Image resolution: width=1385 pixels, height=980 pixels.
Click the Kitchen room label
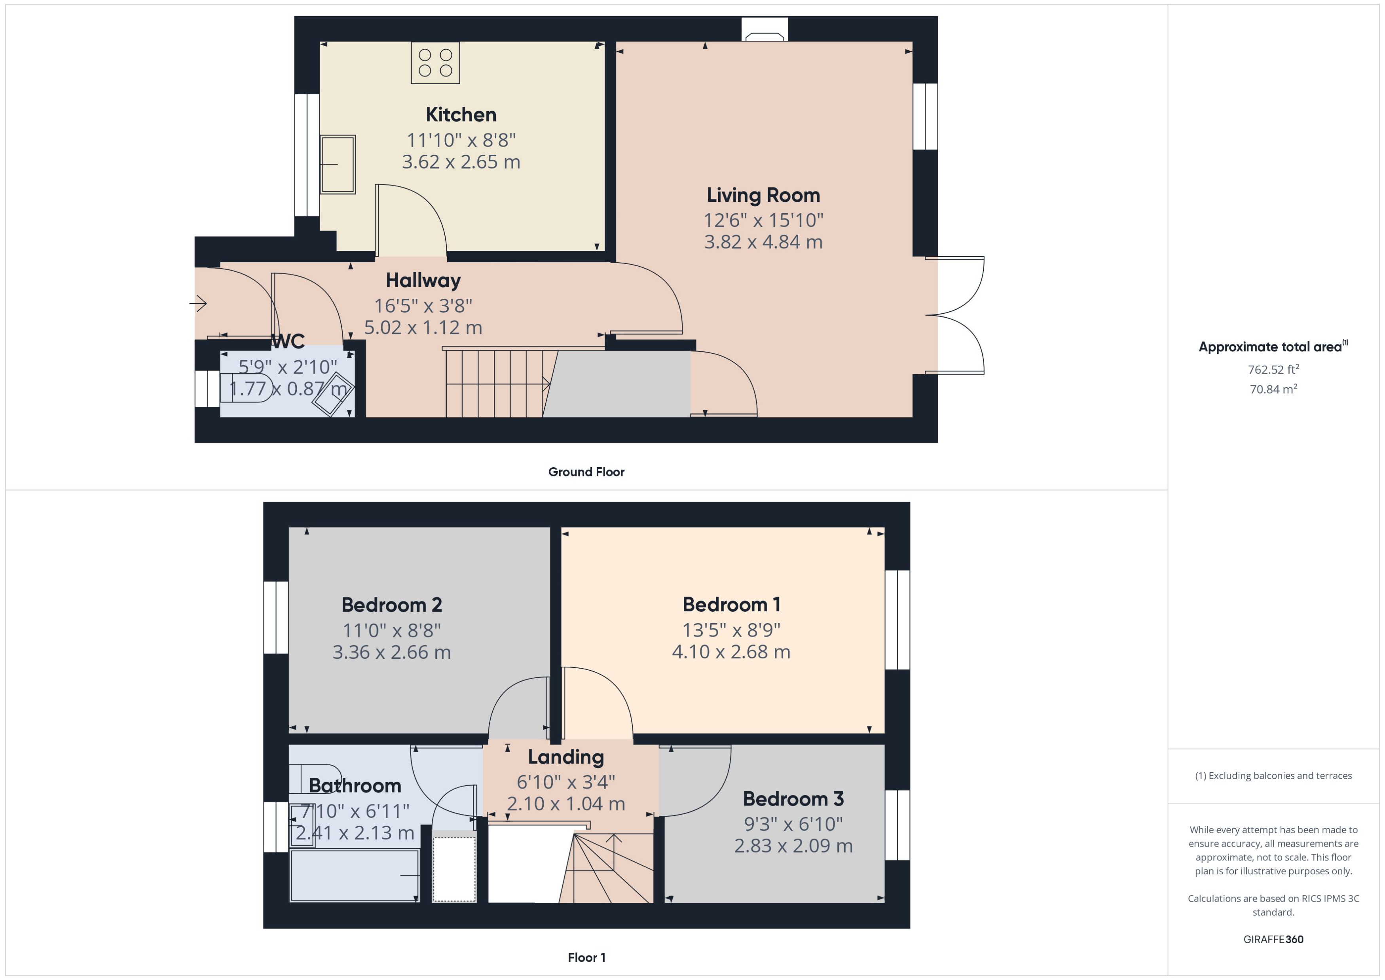(461, 115)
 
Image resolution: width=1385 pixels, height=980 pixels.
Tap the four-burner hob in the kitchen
(435, 63)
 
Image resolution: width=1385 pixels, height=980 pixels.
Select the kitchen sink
(338, 164)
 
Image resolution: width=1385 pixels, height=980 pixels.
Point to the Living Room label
(763, 195)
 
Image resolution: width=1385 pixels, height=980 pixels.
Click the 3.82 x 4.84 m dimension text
(763, 242)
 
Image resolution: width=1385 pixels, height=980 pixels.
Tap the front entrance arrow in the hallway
(199, 303)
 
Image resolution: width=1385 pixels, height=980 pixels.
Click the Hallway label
(423, 280)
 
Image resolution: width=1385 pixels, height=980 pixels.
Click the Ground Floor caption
(586, 472)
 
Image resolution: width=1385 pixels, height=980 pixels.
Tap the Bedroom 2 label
(392, 605)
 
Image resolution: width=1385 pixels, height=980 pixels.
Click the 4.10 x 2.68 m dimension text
(731, 652)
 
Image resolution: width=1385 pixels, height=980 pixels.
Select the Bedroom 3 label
(793, 799)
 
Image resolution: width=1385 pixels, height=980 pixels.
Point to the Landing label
(565, 757)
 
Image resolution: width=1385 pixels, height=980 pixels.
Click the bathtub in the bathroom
(354, 875)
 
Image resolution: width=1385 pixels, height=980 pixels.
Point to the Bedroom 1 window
(897, 620)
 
